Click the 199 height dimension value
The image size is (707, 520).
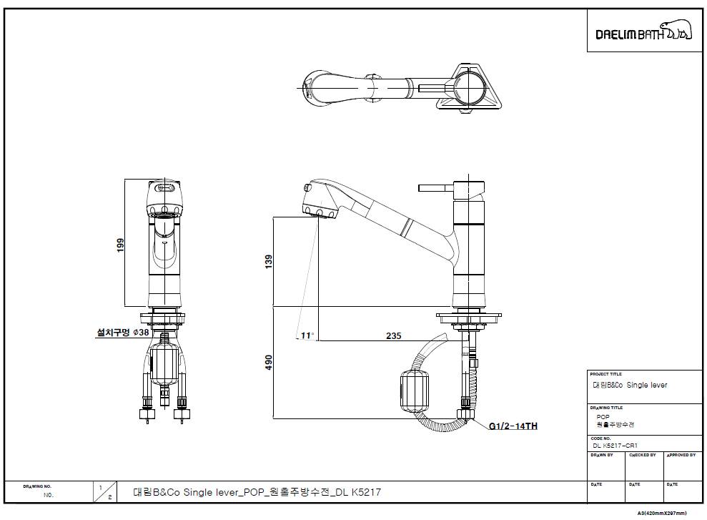121,245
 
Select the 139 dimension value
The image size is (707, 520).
268,262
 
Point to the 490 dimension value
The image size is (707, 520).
268,363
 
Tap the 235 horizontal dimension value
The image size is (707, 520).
393,336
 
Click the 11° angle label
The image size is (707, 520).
307,335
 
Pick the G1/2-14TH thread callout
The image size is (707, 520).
513,426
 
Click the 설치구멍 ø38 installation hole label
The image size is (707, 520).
123,333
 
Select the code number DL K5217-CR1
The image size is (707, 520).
615,445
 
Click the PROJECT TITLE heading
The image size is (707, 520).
605,374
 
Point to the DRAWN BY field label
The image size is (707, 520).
602,455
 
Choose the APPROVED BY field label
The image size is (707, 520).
681,455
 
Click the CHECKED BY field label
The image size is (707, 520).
642,455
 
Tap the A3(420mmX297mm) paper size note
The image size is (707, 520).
662,513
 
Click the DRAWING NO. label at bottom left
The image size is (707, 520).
37,486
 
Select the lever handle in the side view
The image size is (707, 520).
434,188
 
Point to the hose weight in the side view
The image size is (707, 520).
413,391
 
